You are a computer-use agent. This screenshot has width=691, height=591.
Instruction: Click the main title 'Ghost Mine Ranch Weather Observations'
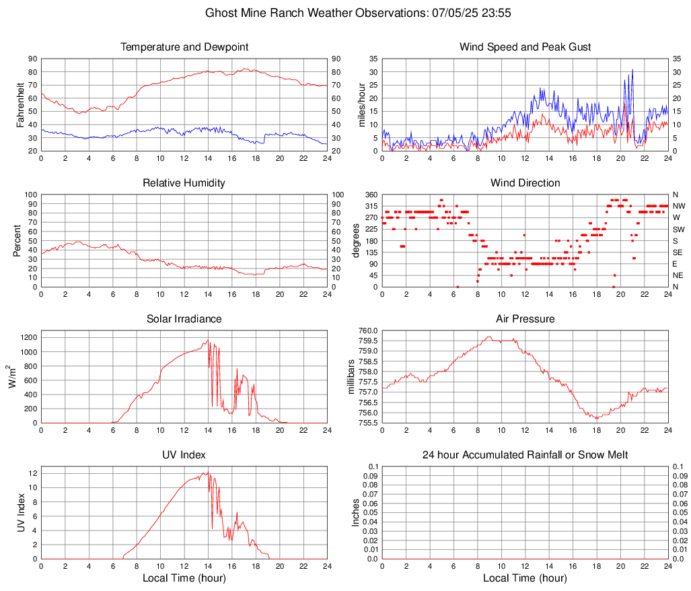coord(344,13)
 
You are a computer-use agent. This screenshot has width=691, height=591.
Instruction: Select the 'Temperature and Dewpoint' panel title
coord(184,47)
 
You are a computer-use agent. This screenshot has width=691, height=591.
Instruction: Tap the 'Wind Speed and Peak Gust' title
coord(525,47)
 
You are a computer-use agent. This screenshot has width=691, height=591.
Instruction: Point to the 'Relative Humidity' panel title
coord(184,183)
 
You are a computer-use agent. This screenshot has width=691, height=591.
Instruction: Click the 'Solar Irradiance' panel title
coord(184,319)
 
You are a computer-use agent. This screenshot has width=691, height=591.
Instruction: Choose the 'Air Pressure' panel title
coord(525,319)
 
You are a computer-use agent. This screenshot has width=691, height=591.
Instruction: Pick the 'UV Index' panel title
coord(184,455)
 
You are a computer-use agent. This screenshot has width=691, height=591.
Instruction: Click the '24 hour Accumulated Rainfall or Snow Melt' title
coord(525,455)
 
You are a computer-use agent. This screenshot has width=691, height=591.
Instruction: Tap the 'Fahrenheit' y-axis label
coord(20,105)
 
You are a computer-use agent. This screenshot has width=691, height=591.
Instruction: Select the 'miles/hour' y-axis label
coord(361,105)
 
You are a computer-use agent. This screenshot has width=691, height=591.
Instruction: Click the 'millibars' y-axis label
coord(351,377)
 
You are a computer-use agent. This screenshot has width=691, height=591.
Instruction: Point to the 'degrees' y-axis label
coord(356,241)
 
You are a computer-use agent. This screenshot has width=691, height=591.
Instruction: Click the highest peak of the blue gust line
coord(632,69)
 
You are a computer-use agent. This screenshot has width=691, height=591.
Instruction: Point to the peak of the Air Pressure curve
coord(489,337)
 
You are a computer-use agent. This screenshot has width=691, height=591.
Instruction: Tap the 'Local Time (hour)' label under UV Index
coord(184,578)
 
